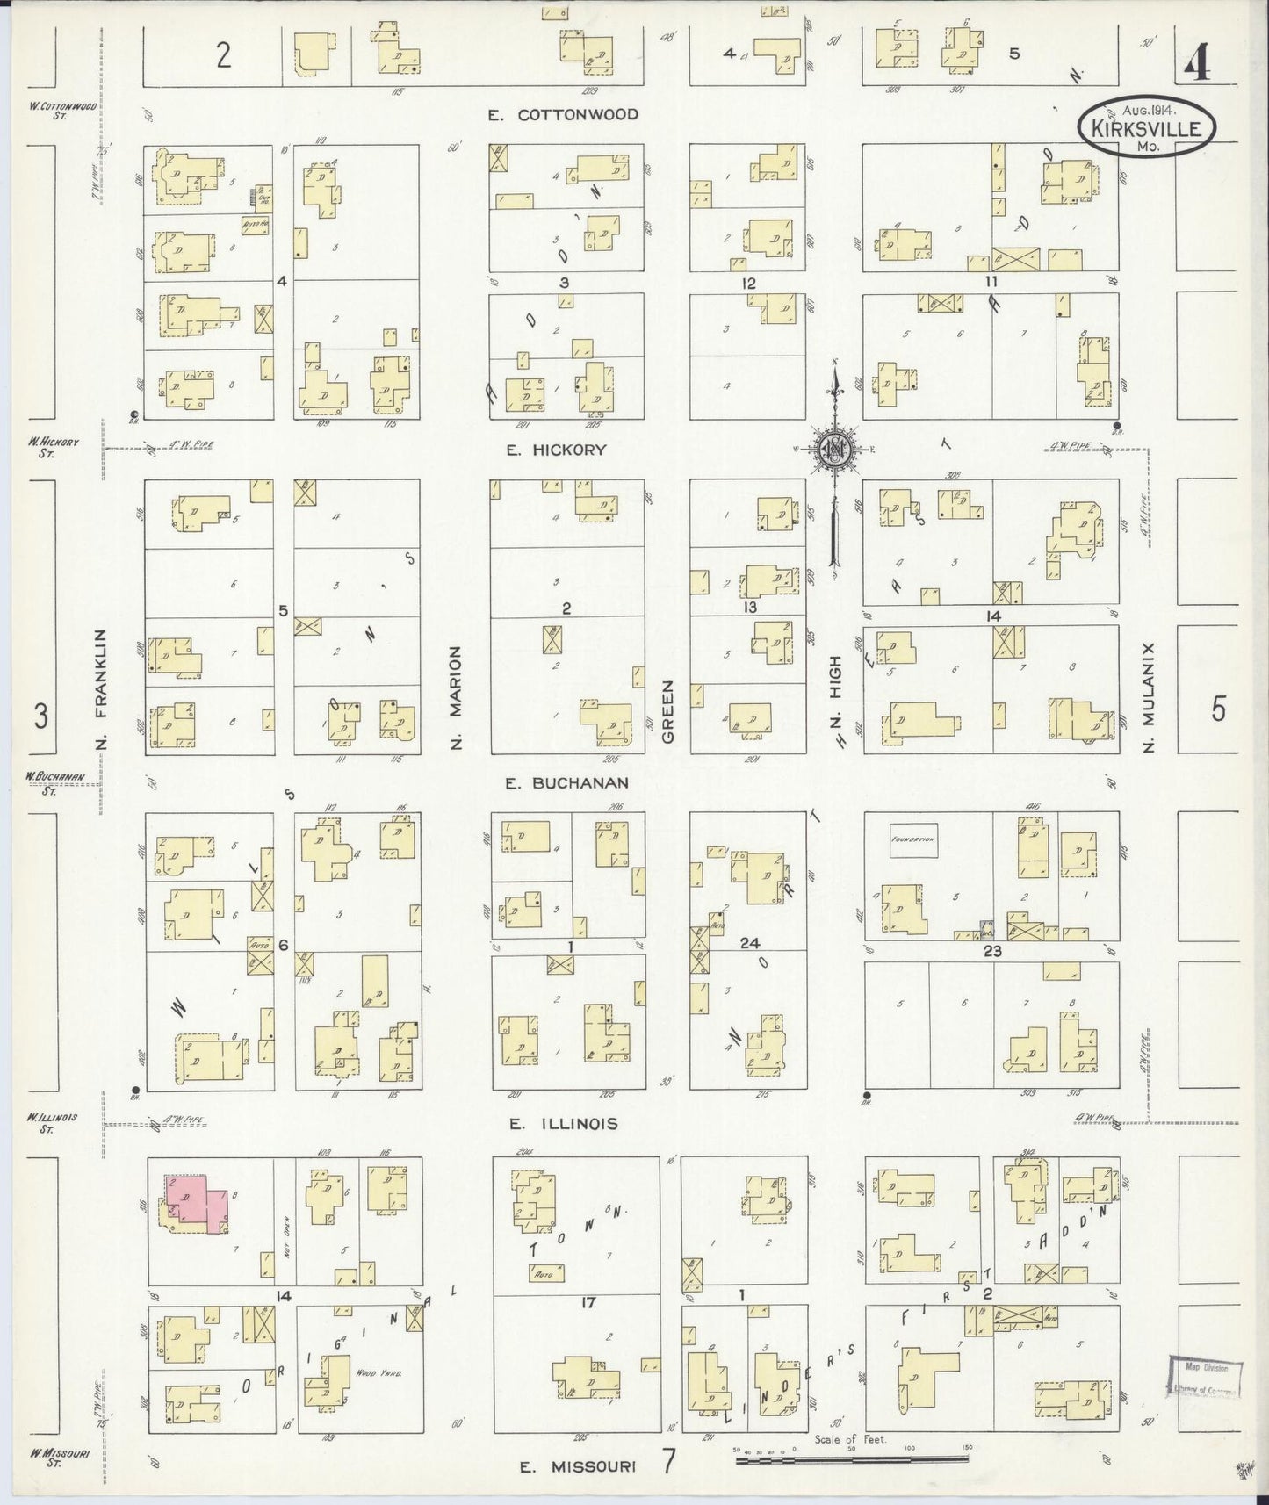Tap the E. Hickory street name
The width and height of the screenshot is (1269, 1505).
pos(556,450)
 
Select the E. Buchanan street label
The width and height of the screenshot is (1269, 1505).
pos(566,783)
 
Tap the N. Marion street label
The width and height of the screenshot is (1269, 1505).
pos(456,698)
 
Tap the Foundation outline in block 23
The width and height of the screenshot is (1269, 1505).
pos(913,840)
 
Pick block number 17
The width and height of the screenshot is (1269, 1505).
pos(588,1302)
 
